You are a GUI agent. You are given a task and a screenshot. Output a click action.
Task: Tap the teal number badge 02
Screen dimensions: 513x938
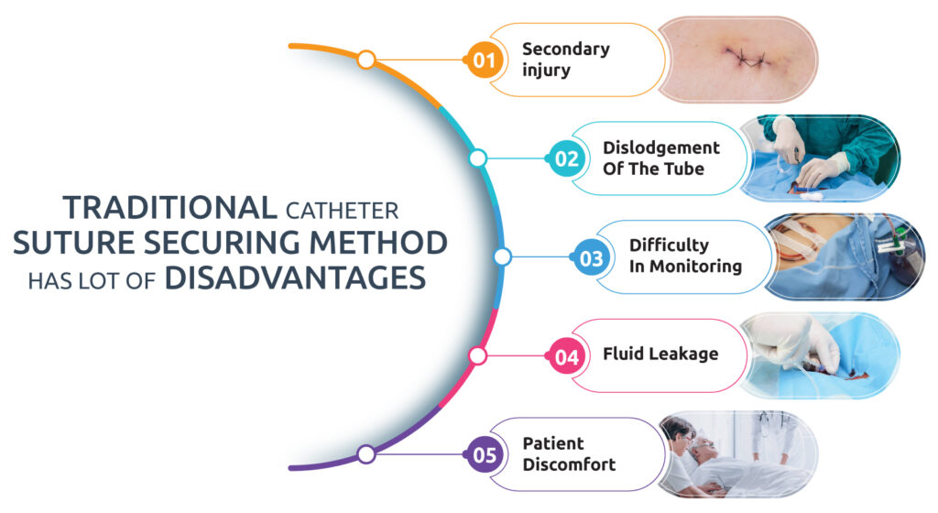[x=567, y=158]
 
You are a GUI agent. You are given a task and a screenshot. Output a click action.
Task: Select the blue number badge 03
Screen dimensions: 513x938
[x=592, y=257]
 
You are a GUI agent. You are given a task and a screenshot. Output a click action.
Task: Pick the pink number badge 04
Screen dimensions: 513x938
[x=567, y=356]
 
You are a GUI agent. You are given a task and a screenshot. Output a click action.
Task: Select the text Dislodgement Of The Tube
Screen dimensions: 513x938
[x=660, y=158]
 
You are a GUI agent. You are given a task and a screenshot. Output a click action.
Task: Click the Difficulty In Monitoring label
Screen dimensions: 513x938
[x=685, y=256]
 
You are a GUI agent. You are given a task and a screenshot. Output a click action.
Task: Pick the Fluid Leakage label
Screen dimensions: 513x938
[x=660, y=355]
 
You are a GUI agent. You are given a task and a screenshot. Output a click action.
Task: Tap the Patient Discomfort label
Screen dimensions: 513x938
[x=569, y=453]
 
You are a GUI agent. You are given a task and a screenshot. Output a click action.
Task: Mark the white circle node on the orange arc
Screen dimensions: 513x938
[x=366, y=60]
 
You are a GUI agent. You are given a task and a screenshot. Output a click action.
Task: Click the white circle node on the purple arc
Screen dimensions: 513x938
[x=366, y=454]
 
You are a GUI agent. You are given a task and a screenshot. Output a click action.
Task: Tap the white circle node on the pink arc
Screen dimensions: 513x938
[x=477, y=355]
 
